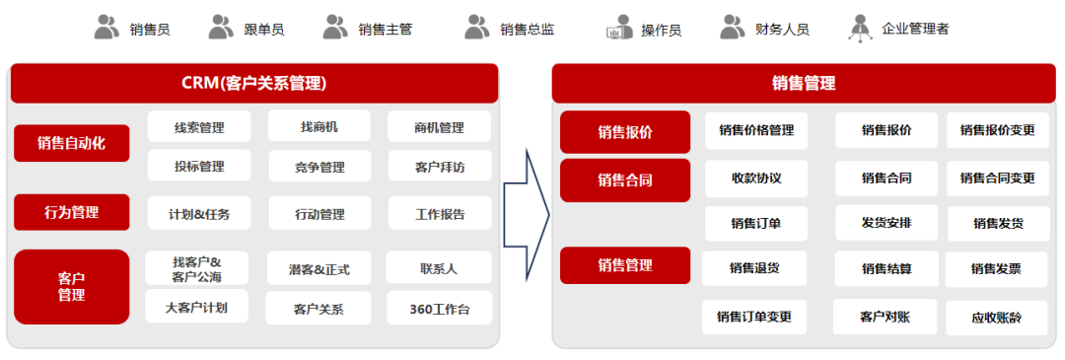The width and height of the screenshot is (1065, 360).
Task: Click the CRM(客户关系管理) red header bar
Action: pos(254,84)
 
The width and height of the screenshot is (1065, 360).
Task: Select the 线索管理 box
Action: pos(199,127)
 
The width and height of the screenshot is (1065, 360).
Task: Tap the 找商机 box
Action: pos(319,127)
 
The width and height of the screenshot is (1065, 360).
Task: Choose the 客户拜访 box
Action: pos(439,167)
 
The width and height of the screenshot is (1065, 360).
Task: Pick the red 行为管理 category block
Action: pos(71,211)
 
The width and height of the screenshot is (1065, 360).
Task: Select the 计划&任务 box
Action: pos(199,213)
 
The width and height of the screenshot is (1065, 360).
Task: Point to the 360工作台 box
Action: pos(439,309)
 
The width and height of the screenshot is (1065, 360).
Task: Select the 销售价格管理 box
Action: pos(756,130)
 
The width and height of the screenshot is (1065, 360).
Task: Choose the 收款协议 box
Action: pos(756,178)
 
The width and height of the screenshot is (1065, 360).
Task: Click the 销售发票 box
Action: pos(996,268)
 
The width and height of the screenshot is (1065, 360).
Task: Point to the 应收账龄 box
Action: pos(996,318)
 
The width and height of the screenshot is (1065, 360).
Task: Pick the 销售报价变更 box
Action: pos(997,130)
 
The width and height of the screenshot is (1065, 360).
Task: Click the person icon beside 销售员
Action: pos(106,28)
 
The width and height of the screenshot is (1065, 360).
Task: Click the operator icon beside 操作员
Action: pos(619,28)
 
